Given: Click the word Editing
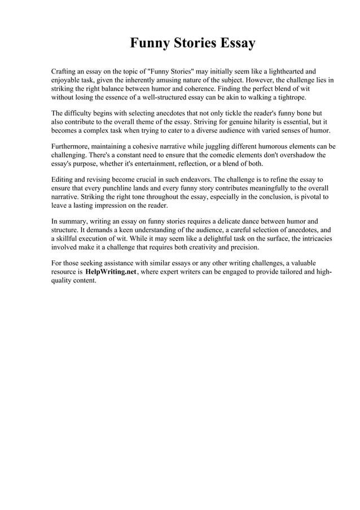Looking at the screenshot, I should tap(64, 180).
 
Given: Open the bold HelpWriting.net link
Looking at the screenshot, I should tap(111, 272).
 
